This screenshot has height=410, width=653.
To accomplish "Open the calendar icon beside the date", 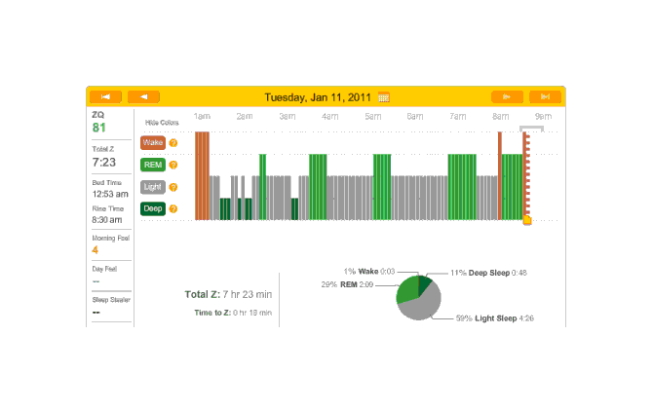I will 384,97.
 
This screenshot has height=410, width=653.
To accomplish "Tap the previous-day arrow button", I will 143,96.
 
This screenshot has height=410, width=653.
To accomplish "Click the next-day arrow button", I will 507,96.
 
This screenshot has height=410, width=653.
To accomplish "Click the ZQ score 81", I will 99,128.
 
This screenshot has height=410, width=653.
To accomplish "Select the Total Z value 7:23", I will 103,162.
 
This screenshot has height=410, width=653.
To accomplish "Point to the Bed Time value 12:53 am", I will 110,194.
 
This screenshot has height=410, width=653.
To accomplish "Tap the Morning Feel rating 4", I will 96,249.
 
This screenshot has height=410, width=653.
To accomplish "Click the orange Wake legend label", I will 153,142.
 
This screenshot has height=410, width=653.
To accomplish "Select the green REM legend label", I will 153,165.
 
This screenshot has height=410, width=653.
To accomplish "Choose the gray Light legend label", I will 153,186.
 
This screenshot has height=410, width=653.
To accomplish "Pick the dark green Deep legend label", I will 153,208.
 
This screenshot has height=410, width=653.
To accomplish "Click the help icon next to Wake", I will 173,142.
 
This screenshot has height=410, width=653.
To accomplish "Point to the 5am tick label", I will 373,117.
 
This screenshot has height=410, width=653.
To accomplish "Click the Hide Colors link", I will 163,123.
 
